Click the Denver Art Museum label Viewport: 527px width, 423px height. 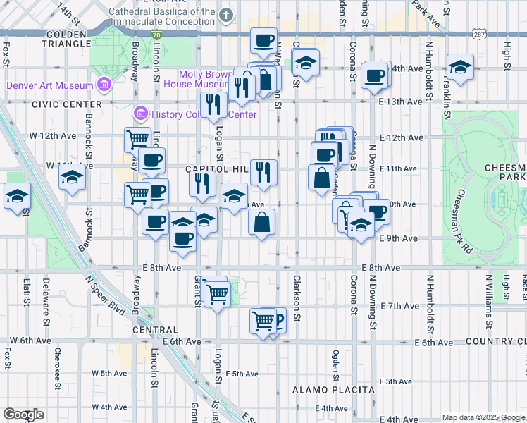[x=49, y=86]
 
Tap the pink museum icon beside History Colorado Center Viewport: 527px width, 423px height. [x=140, y=114]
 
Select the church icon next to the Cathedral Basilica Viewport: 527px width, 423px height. [x=225, y=15]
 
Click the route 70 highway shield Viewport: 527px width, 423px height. [x=156, y=34]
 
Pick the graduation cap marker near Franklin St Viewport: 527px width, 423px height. [x=460, y=67]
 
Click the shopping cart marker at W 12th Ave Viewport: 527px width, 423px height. [x=138, y=138]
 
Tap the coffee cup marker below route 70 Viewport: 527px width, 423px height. [x=263, y=41]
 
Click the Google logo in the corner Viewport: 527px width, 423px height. [x=23, y=415]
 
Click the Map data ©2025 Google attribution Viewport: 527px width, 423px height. [x=483, y=417]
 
